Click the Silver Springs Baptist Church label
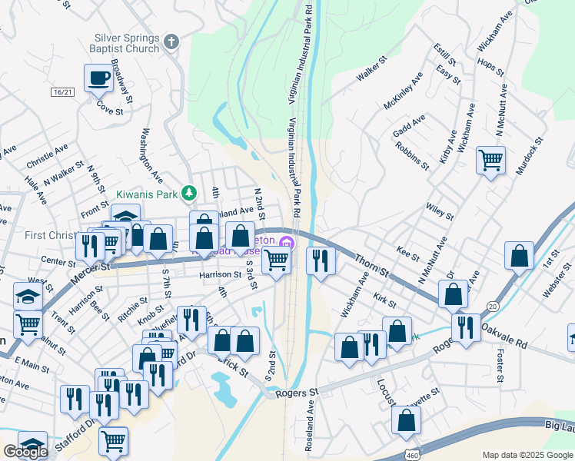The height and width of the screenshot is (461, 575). click(x=126, y=45)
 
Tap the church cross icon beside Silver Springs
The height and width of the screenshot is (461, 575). click(x=171, y=41)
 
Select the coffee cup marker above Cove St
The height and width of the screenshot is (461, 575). click(x=99, y=78)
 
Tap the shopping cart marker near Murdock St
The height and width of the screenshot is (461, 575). click(x=490, y=161)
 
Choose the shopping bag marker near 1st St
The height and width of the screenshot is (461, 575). click(x=520, y=256)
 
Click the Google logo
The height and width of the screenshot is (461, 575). click(x=25, y=452)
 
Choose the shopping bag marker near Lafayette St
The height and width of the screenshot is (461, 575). click(x=406, y=420)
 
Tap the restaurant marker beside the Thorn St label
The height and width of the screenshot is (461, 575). click(x=321, y=260)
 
